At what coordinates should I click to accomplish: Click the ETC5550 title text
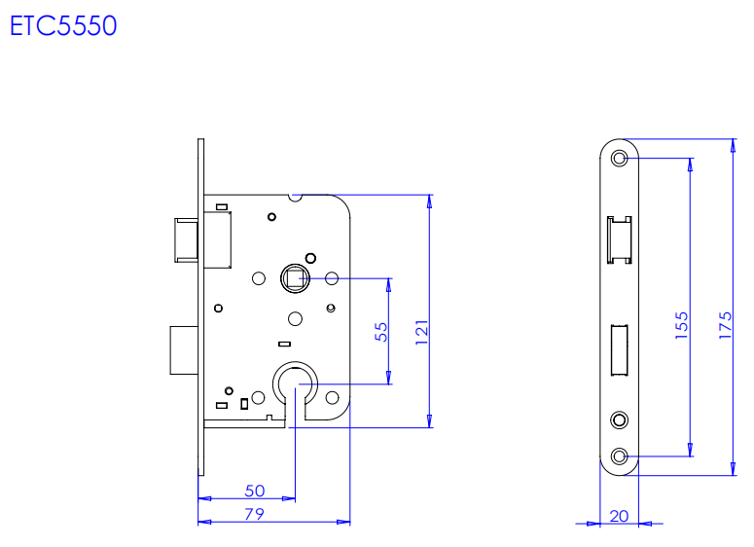click(63, 26)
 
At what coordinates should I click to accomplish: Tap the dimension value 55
click(380, 331)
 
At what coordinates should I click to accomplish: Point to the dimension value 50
click(255, 491)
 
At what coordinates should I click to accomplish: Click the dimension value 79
click(254, 514)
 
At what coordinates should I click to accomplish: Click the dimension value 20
click(618, 515)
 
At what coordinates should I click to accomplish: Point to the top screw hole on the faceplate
click(620, 158)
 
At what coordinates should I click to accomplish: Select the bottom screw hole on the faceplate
click(620, 455)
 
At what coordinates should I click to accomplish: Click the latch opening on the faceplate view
click(619, 240)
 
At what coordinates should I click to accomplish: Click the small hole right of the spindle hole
click(331, 279)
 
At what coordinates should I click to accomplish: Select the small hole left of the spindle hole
click(258, 279)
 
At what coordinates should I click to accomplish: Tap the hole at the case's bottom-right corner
click(332, 398)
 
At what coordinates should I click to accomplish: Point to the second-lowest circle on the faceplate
click(620, 419)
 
